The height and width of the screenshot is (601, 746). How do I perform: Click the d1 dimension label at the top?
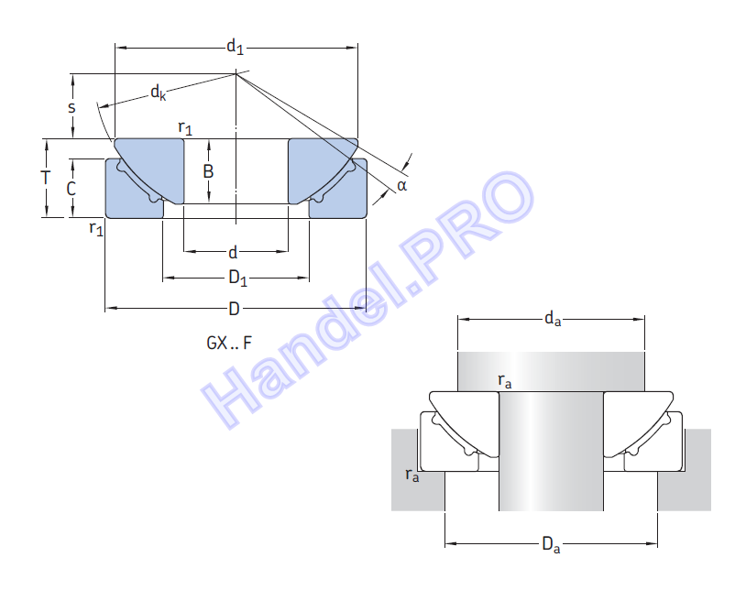click(235, 47)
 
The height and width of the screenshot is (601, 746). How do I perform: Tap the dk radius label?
click(159, 93)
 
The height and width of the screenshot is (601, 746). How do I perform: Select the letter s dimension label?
click(71, 107)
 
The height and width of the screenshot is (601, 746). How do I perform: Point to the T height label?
click(46, 178)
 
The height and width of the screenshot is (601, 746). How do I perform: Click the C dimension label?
click(71, 189)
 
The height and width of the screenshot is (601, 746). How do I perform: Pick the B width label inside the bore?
click(208, 171)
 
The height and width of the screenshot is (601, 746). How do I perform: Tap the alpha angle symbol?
click(402, 185)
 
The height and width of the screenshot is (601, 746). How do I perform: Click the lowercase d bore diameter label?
click(233, 252)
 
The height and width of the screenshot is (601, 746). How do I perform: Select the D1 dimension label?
click(238, 278)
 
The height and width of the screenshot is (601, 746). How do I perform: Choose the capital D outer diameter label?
click(234, 309)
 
